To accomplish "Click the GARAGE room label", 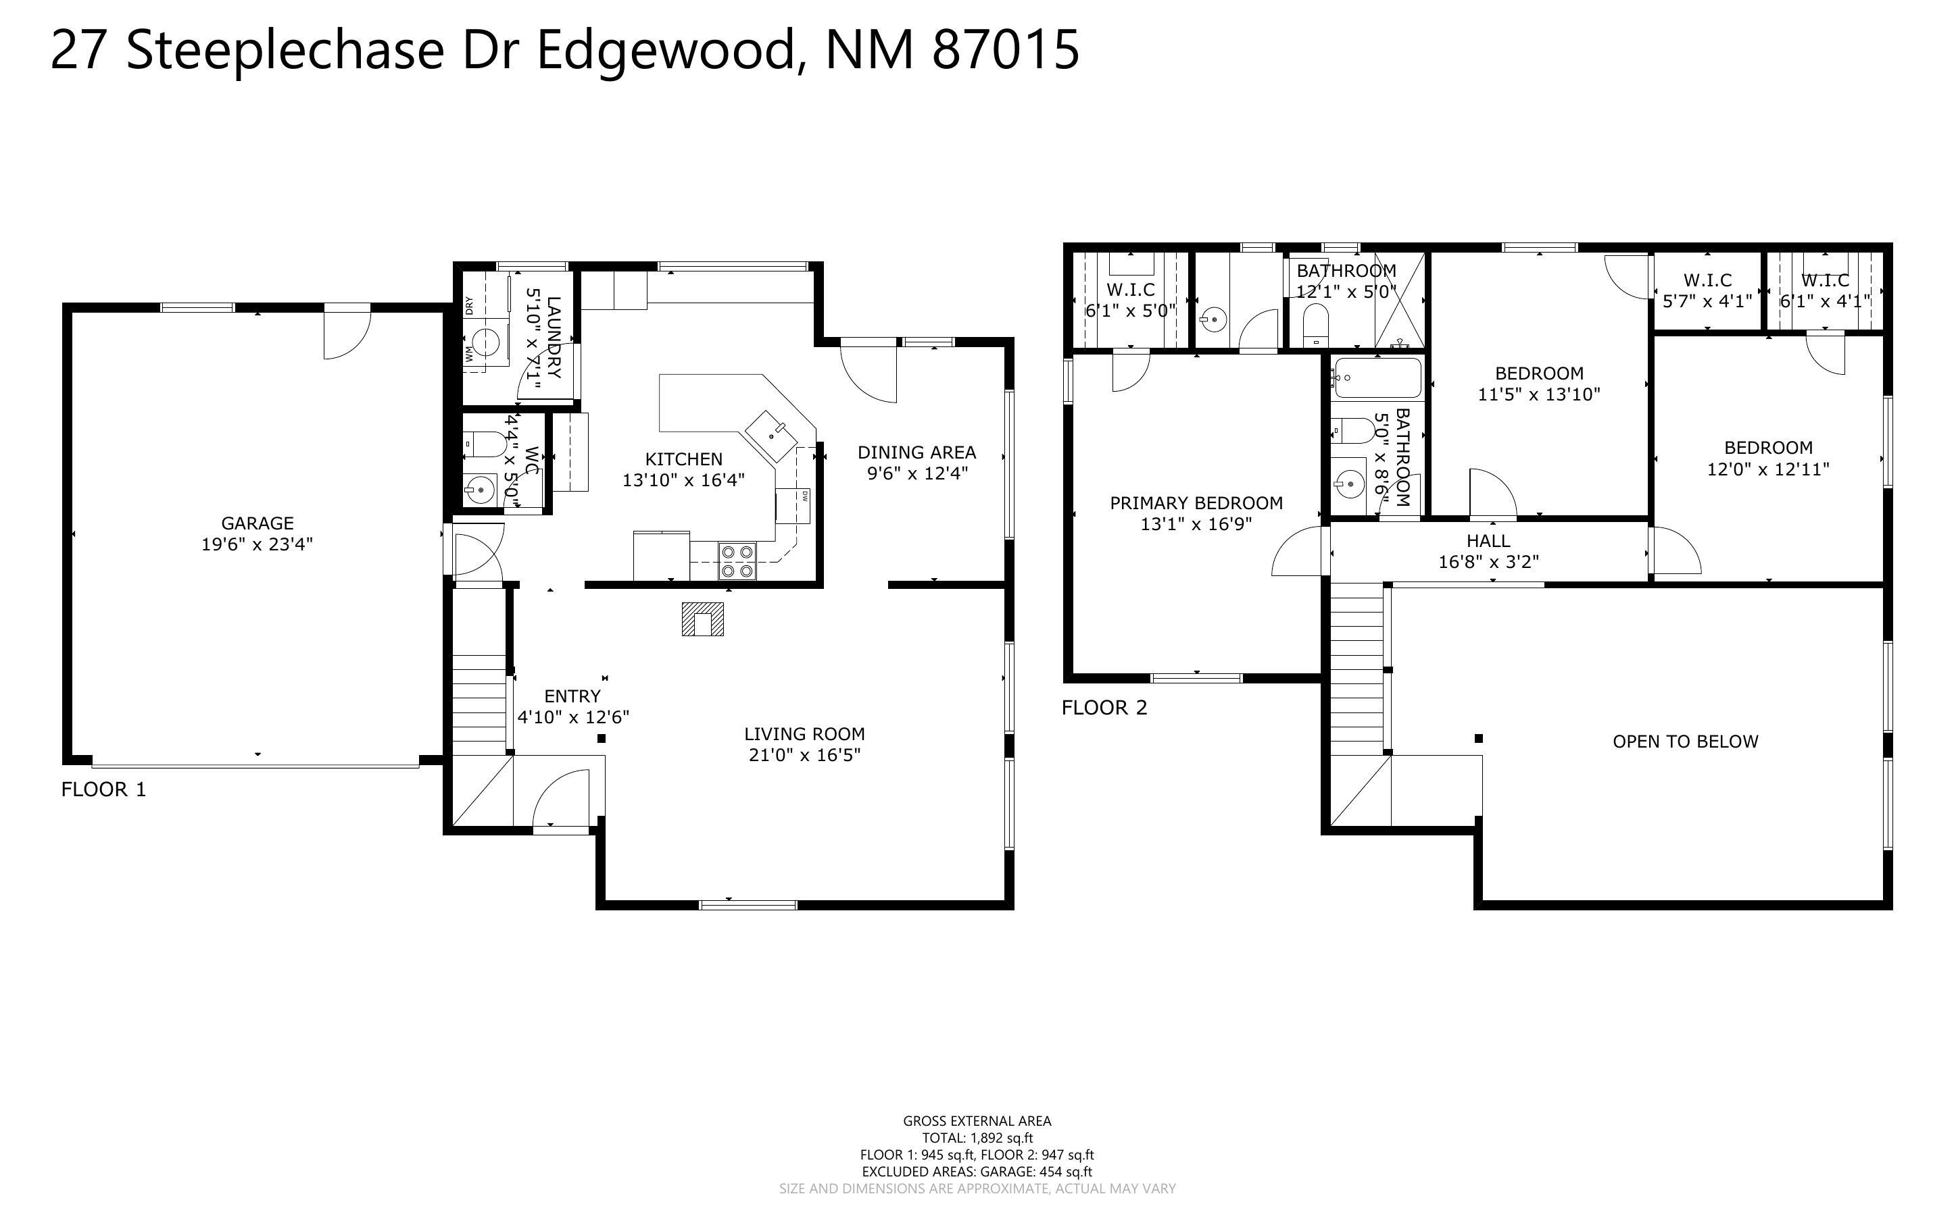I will [257, 523].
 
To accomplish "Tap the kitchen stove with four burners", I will [737, 561].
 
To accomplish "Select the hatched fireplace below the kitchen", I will [702, 619].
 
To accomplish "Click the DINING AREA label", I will [916, 452].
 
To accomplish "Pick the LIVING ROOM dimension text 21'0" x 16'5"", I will [804, 755].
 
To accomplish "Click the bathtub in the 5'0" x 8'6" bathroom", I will [1377, 378].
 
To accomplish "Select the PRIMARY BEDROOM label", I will [1196, 503].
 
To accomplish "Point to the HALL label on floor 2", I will [1488, 541].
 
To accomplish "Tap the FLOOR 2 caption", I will [1104, 708].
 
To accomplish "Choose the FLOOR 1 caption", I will [103, 789].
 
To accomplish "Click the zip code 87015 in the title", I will [1005, 50].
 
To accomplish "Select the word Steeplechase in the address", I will [285, 50].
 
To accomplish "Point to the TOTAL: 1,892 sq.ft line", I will [977, 1138].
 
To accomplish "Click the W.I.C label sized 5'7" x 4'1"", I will [1707, 280].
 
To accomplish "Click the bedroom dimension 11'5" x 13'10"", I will [1538, 395].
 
